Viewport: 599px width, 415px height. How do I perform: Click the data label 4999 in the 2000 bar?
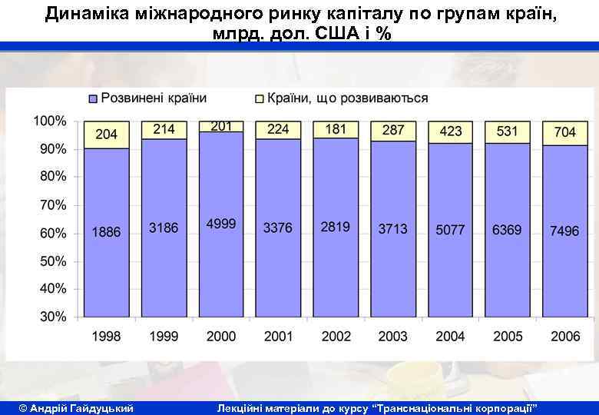point(221,224)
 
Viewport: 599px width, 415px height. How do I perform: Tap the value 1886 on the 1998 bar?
point(107,231)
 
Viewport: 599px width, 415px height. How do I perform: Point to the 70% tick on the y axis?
point(52,205)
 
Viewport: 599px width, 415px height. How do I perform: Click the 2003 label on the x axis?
point(393,336)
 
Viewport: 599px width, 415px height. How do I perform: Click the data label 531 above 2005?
point(507,131)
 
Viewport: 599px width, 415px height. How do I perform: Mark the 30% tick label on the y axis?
point(52,317)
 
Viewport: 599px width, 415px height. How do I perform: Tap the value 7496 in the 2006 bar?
point(564,231)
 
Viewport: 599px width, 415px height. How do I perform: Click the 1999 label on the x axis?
point(164,336)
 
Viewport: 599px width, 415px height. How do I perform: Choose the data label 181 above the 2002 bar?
point(336,129)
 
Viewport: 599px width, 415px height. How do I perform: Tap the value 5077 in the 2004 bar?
point(450,230)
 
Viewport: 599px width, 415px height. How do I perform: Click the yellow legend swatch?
point(259,99)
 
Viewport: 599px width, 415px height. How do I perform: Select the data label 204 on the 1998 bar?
point(107,134)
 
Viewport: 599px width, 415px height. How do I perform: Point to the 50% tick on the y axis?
point(52,261)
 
